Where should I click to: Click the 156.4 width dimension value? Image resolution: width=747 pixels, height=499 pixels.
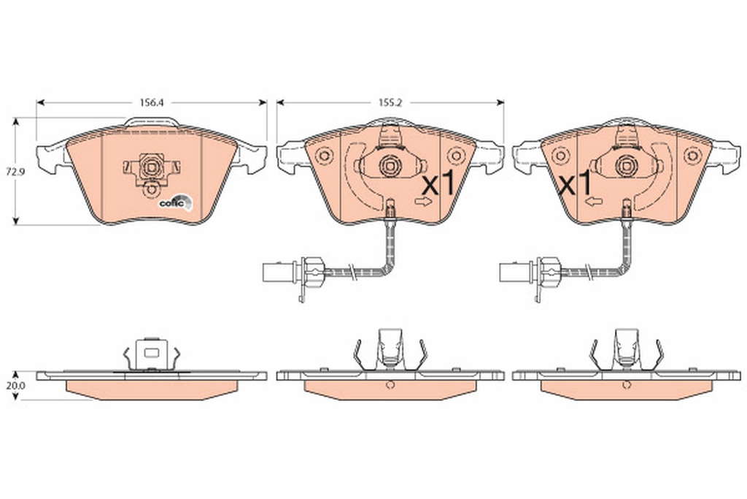point(152,102)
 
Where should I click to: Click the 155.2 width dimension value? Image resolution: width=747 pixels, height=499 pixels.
point(390,102)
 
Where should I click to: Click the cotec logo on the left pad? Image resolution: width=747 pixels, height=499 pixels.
point(176,202)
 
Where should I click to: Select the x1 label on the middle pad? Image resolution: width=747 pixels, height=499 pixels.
point(438,184)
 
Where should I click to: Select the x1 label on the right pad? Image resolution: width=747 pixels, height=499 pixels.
point(575,184)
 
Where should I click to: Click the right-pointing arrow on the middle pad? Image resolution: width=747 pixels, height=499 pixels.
point(423,202)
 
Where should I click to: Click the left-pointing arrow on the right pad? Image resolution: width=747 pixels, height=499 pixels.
point(594,202)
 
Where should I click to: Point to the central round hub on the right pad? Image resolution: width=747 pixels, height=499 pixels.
point(625,166)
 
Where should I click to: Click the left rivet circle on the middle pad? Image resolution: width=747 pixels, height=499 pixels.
point(324,156)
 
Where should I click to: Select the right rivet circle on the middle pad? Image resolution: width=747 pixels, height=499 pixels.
point(455,156)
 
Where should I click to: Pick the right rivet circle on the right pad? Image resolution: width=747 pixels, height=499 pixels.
point(691,156)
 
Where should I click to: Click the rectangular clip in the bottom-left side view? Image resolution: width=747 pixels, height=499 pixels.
point(151,354)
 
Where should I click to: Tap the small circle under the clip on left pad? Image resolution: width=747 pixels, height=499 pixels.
point(152,189)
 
